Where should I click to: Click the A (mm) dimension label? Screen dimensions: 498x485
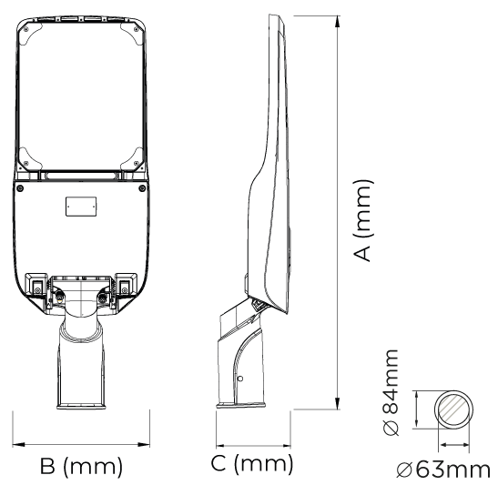[362, 220]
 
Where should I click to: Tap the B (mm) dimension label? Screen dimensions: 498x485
[81, 465]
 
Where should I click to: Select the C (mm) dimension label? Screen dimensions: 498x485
[252, 463]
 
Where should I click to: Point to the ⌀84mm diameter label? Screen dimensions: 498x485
[390, 392]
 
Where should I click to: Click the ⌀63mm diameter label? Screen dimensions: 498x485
[443, 470]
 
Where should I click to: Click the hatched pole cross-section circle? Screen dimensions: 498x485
[453, 409]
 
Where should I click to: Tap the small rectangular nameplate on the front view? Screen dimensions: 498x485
[81, 207]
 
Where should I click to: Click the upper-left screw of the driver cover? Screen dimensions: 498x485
[20, 188]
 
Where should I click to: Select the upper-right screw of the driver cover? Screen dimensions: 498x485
[142, 188]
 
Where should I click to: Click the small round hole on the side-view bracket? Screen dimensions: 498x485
[240, 379]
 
